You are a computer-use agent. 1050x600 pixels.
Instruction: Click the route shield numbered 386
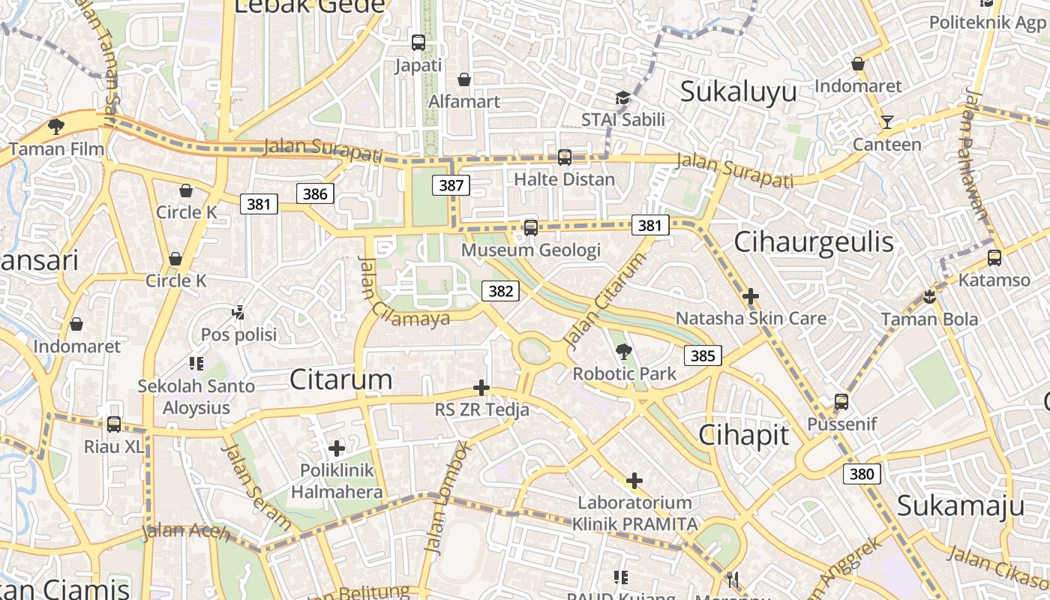pos(315,194)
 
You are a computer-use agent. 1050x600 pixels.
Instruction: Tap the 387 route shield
pos(451,185)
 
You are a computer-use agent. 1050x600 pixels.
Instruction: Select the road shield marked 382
pos(500,291)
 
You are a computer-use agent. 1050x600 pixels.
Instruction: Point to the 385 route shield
pos(703,355)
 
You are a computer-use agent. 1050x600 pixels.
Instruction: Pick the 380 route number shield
pos(862,473)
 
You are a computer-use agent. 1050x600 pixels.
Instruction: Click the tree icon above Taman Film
pos(55,126)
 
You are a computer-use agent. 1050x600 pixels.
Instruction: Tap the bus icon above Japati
pos(418,43)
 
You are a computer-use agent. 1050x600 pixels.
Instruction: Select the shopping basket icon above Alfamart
pos(464,79)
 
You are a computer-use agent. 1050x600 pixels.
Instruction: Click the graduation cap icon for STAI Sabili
pos(622,97)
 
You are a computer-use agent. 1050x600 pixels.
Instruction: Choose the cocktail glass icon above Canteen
pos(887,121)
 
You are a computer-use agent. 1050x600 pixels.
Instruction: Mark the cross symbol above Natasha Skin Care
pos(751,296)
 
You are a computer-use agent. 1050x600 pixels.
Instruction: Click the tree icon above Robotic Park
pos(623,351)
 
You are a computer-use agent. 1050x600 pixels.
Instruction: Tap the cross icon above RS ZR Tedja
pos(481,388)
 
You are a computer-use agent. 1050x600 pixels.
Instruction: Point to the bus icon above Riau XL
pos(114,424)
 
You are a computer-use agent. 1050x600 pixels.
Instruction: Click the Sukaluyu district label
pos(738,91)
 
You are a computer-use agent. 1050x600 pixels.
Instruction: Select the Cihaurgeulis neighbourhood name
pos(814,241)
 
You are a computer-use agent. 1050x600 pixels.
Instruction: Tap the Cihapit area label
pos(744,434)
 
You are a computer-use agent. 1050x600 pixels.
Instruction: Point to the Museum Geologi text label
pos(531,250)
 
